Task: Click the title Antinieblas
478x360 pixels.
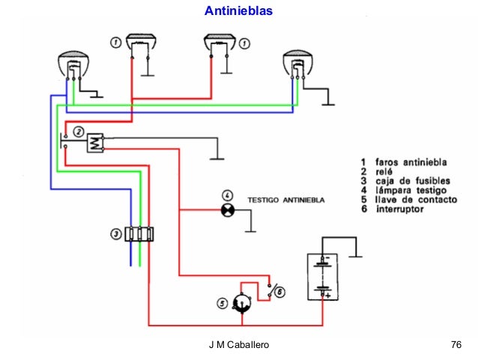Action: pos(239,12)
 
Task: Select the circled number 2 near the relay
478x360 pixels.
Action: pos(78,130)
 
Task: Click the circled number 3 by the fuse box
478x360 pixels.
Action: pos(115,234)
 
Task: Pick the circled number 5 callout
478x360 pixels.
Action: pos(223,303)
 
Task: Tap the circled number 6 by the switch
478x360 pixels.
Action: pos(280,293)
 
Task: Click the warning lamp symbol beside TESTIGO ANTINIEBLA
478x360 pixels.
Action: pos(226,211)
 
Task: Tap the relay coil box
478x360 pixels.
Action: pos(95,142)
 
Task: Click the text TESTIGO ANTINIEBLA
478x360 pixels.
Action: pos(286,200)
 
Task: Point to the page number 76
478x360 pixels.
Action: pos(456,345)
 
